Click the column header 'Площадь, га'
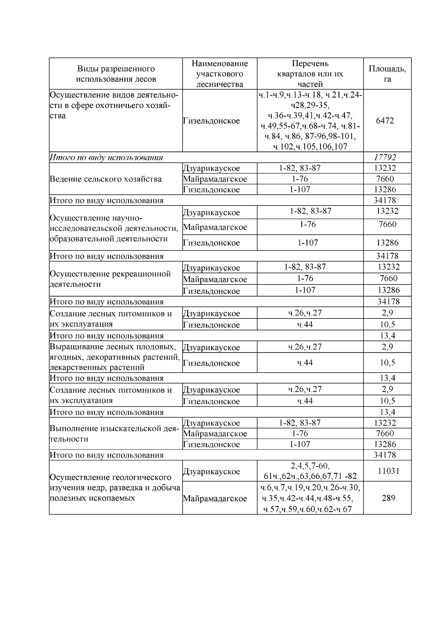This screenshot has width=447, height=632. click(387, 74)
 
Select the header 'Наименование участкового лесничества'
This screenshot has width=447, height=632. click(219, 74)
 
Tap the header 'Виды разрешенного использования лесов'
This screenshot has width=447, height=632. click(116, 74)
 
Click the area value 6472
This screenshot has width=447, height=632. click(385, 121)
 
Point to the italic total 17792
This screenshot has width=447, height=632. click(385, 157)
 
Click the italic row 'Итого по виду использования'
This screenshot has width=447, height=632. click(107, 157)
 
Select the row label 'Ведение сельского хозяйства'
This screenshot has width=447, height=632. click(106, 179)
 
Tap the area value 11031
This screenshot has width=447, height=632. click(388, 471)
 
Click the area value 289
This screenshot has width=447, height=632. click(388, 498)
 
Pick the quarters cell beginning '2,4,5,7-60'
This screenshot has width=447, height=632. click(310, 471)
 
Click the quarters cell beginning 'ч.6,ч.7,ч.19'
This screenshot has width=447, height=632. click(310, 498)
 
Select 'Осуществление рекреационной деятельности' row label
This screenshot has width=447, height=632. click(110, 279)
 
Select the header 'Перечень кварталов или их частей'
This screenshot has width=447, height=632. click(310, 74)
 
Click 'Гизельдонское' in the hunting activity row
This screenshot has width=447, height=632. click(212, 121)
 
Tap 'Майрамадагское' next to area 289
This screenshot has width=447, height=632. click(215, 498)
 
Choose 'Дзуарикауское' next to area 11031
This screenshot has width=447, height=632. click(212, 471)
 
